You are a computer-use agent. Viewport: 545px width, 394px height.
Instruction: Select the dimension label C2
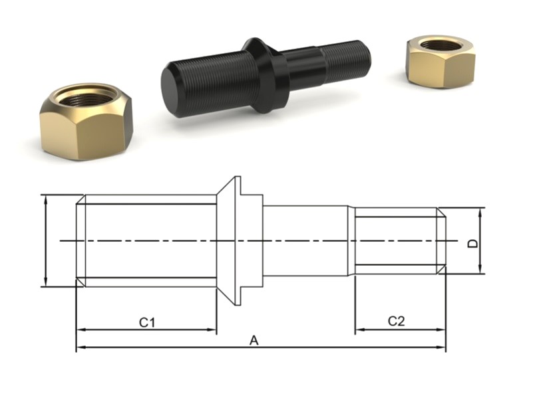pos(396,321)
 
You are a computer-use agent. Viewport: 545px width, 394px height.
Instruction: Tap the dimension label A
pos(254,340)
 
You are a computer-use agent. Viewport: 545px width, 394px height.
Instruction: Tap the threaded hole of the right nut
pos(439,45)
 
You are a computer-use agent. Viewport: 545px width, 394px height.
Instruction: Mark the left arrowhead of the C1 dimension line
pos(80,330)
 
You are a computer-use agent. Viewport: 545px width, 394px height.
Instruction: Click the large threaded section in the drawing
pos(148,241)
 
